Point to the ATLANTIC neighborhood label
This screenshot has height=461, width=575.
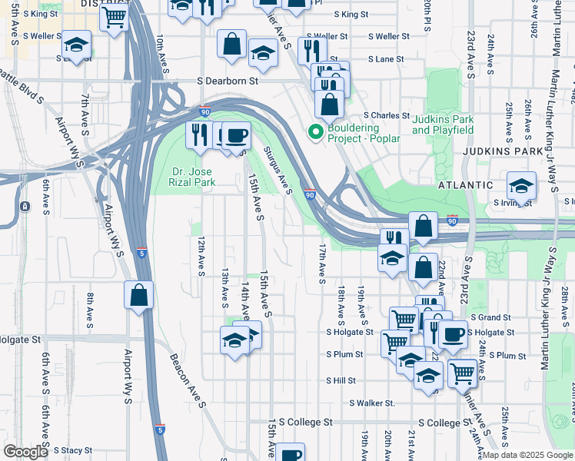coord(465,185)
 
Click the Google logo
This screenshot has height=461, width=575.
coord(25,452)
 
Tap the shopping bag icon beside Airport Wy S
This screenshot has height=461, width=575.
coord(138,294)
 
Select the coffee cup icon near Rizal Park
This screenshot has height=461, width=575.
coord(236,134)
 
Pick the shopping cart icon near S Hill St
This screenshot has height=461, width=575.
coord(462,373)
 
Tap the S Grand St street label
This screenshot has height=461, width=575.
coord(490,317)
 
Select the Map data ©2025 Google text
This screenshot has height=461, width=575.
coord(527,455)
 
